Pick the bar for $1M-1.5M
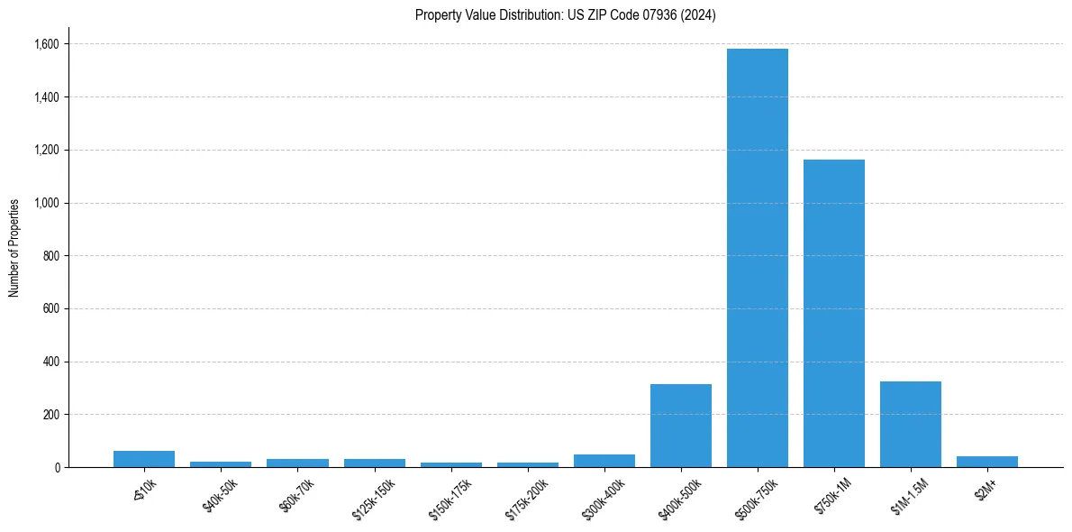click(x=911, y=425)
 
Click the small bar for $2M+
click(x=987, y=462)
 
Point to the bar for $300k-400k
click(x=604, y=461)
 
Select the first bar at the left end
click(x=144, y=459)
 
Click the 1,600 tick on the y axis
click(x=47, y=44)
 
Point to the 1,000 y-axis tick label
click(x=47, y=203)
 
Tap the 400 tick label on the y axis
click(x=51, y=362)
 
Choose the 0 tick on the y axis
click(x=57, y=468)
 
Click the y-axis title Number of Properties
click(x=14, y=248)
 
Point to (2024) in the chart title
click(x=699, y=15)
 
